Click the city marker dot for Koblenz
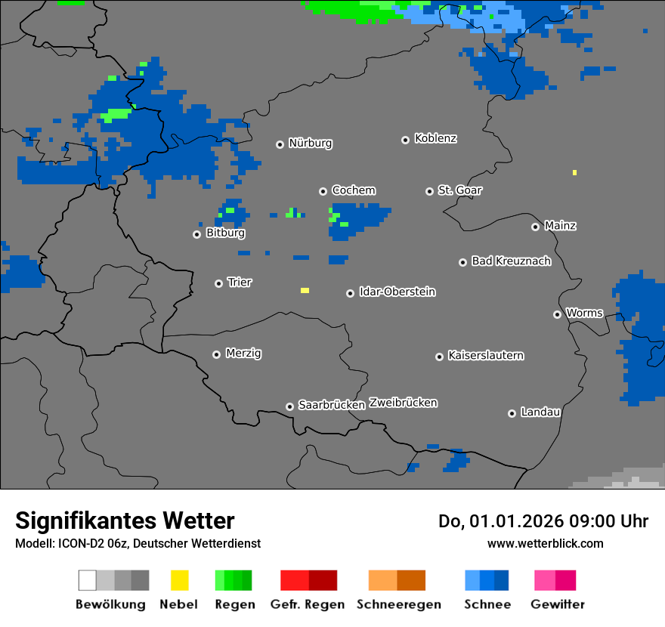[405, 140]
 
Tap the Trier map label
[240, 283]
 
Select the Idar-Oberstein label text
[397, 292]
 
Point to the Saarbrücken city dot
[289, 406]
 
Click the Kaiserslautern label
[486, 356]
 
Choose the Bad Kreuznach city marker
[462, 262]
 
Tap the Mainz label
[560, 226]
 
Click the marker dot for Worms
[557, 314]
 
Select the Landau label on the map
[540, 412]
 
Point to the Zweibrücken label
[403, 403]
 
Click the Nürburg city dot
[280, 144]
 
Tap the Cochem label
[354, 191]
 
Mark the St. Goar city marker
[429, 191]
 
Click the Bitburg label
[225, 233]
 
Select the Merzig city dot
[216, 354]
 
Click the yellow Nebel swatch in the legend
[179, 580]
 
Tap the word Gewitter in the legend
[558, 604]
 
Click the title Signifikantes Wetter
[125, 521]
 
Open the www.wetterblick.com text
[545, 544]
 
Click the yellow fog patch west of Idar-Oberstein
[305, 290]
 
